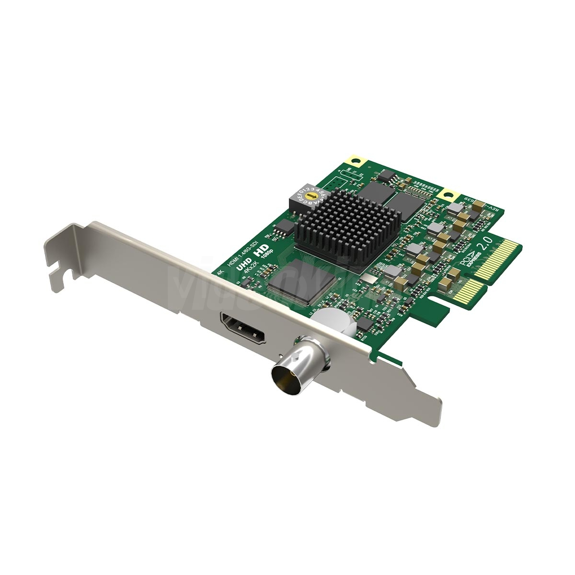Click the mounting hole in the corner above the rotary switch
click(355, 161)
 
